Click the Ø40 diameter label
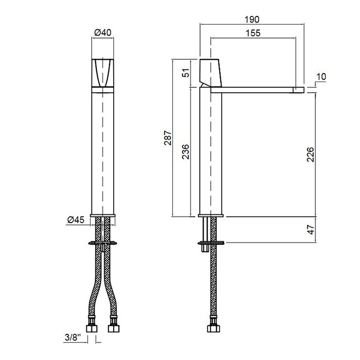103,32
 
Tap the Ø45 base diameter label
76,220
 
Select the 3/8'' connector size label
73,337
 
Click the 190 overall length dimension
252,20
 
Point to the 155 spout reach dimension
253,33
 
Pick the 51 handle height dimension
186,73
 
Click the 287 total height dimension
168,138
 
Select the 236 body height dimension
186,152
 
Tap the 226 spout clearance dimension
311,154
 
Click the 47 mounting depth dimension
311,229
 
